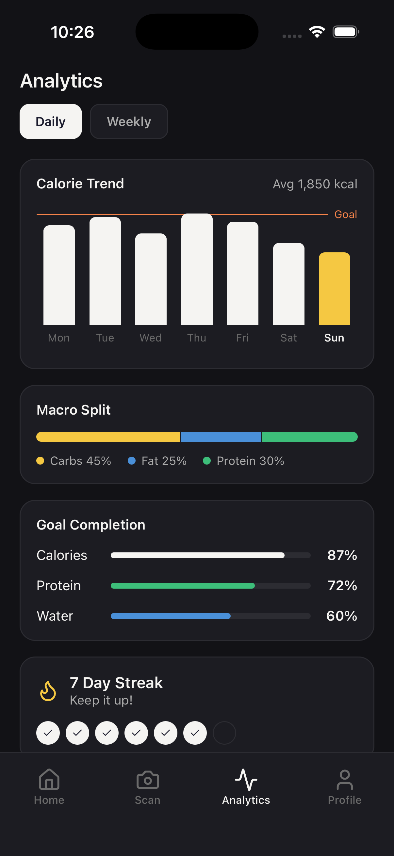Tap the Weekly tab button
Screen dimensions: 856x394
click(x=129, y=122)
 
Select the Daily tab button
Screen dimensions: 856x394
click(x=51, y=122)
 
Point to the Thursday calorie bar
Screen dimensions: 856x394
click(x=196, y=269)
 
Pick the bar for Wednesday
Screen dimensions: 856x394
click(x=151, y=279)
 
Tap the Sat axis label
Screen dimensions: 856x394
click(x=288, y=338)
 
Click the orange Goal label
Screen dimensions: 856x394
click(x=345, y=214)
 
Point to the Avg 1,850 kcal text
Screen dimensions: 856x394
click(x=315, y=184)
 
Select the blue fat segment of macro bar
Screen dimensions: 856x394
click(x=221, y=436)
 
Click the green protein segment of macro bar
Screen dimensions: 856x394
click(x=309, y=436)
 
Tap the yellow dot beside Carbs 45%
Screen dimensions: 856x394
click(x=40, y=461)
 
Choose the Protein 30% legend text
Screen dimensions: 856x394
click(x=250, y=461)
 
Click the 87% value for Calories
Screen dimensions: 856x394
click(x=342, y=555)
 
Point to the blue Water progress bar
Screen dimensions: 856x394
click(x=171, y=616)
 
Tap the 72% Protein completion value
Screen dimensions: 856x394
click(x=342, y=585)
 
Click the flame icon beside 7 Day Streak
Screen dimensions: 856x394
click(x=48, y=691)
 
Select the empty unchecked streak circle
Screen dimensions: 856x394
click(x=224, y=732)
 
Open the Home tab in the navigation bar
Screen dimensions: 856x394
click(x=49, y=786)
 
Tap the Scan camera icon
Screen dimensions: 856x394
click(x=148, y=780)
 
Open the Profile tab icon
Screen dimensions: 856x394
click(x=344, y=780)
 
